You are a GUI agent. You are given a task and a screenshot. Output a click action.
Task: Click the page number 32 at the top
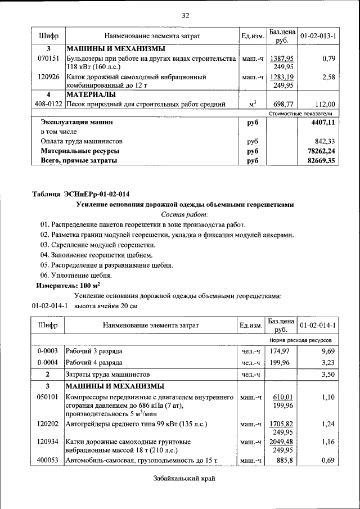186,15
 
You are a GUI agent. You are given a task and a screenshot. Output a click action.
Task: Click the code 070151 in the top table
48,58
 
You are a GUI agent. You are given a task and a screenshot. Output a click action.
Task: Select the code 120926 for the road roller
48,76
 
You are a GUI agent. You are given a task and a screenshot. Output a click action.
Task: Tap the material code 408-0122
48,104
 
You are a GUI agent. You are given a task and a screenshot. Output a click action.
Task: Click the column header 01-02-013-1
318,37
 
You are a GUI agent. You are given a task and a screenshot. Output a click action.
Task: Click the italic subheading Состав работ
185,215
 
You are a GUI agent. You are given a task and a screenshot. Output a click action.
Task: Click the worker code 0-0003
48,351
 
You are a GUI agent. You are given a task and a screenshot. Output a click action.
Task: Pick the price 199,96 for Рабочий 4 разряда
281,363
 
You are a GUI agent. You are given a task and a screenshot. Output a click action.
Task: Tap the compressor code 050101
48,397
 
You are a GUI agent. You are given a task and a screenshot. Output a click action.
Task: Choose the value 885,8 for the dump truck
281,461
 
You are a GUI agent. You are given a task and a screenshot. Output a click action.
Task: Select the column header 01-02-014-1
318,326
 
